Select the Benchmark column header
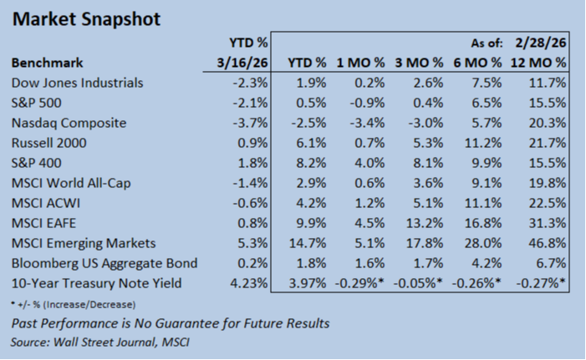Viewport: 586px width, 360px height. pyautogui.click(x=47, y=63)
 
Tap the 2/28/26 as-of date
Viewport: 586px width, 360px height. pyautogui.click(x=541, y=43)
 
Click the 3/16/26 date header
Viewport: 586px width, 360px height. pyautogui.click(x=242, y=63)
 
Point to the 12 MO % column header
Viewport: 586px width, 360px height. pyautogui.click(x=538, y=63)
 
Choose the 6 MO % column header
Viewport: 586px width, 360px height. pyautogui.click(x=477, y=63)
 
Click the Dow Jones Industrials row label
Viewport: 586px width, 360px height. pyautogui.click(x=78, y=83)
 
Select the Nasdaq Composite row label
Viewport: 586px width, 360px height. pyautogui.click(x=69, y=123)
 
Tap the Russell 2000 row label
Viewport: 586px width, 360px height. pyautogui.click(x=49, y=143)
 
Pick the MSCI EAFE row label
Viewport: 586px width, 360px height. pyautogui.click(x=43, y=223)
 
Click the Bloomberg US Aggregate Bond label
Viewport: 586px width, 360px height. pyautogui.click(x=104, y=263)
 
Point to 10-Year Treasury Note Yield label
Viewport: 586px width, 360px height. pyautogui.click(x=96, y=283)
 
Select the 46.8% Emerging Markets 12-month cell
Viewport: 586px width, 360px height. pyautogui.click(x=548, y=243)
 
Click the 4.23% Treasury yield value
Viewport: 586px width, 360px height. pyautogui.click(x=249, y=283)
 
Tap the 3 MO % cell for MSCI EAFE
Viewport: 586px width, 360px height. pyautogui.click(x=425, y=223)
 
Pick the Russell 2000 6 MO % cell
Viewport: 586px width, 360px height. pyautogui.click(x=483, y=143)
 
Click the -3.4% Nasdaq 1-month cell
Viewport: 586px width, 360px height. pyautogui.click(x=367, y=123)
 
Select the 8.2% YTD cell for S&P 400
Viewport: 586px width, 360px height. pyautogui.click(x=311, y=163)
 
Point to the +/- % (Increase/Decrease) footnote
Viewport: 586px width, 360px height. pyautogui.click(x=74, y=305)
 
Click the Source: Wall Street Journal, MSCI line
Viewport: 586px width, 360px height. pyautogui.click(x=100, y=342)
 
